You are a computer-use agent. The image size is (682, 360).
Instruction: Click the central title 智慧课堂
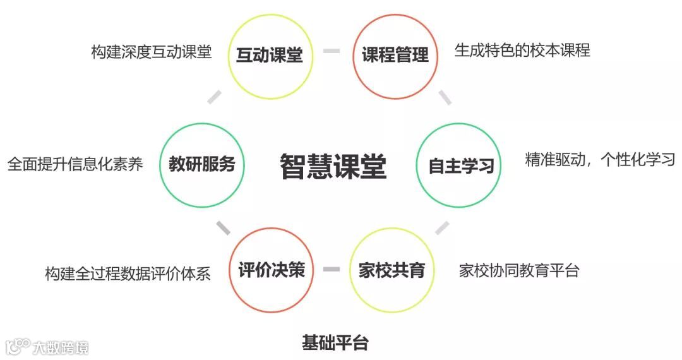pyautogui.click(x=333, y=166)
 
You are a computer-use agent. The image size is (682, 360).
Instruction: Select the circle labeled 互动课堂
pyautogui.click(x=270, y=56)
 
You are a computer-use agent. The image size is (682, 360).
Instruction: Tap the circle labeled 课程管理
pyautogui.click(x=395, y=56)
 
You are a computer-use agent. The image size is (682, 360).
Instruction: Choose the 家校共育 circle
pyautogui.click(x=392, y=271)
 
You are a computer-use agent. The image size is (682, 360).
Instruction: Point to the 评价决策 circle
pyautogui.click(x=272, y=271)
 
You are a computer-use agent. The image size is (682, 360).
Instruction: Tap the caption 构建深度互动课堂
pyautogui.click(x=151, y=52)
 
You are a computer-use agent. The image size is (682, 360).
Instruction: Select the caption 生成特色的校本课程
pyautogui.click(x=522, y=51)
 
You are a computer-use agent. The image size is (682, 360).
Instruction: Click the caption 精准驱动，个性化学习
pyautogui.click(x=600, y=159)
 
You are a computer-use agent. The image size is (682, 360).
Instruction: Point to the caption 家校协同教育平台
pyautogui.click(x=519, y=271)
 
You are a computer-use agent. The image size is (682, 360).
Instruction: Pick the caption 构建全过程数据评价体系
pyautogui.click(x=128, y=273)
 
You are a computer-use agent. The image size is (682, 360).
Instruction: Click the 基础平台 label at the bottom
pyautogui.click(x=335, y=344)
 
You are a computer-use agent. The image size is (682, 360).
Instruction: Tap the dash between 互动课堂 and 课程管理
pyautogui.click(x=332, y=51)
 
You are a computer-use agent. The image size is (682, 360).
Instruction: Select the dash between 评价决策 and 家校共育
pyautogui.click(x=332, y=270)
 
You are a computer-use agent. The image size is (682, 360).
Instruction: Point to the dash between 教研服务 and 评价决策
pyautogui.click(x=222, y=227)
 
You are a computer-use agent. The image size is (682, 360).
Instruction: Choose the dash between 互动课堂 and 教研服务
pyautogui.click(x=215, y=97)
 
